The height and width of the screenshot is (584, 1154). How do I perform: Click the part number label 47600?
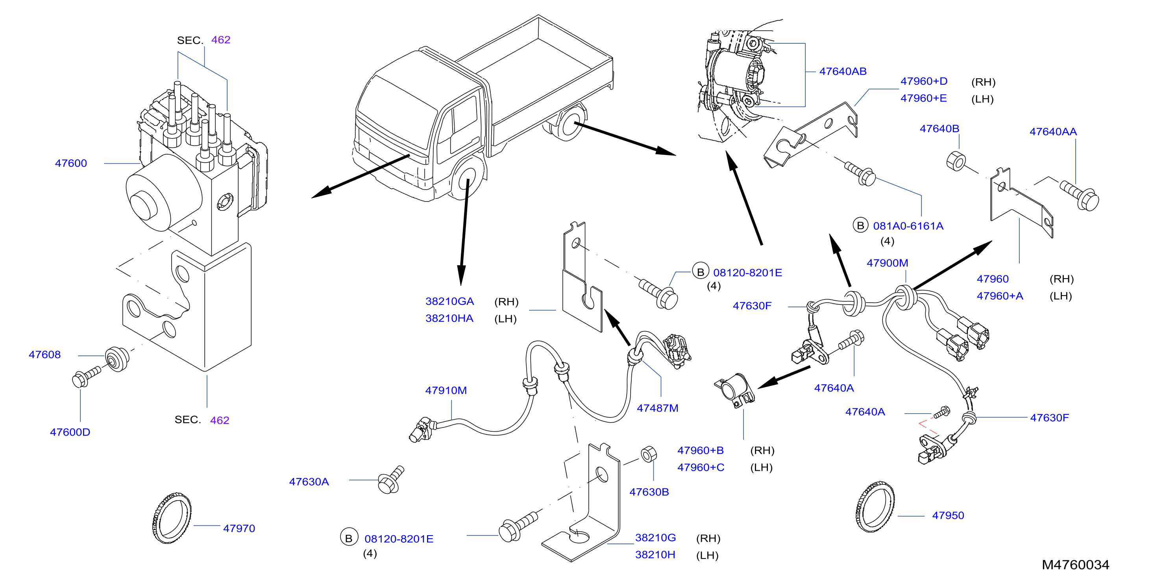(x=71, y=163)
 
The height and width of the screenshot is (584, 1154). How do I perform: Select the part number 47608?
(x=44, y=355)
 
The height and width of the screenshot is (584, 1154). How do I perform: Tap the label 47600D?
(x=70, y=432)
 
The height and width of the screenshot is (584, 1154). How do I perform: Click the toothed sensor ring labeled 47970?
(x=172, y=518)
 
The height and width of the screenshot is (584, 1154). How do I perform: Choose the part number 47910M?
(x=446, y=390)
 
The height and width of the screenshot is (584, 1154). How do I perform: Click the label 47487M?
(x=657, y=408)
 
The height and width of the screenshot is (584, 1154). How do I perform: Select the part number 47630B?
(x=649, y=492)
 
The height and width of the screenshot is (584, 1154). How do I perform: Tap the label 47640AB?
(x=843, y=72)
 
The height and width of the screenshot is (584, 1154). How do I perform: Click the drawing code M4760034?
(x=1075, y=565)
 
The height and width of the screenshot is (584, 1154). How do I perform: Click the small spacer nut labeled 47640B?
(x=956, y=161)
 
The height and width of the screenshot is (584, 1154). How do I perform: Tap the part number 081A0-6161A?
(x=908, y=226)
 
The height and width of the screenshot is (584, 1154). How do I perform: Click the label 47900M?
(x=887, y=263)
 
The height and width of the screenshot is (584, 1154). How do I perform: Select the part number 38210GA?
(x=449, y=301)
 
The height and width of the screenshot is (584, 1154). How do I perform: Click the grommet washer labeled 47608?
(x=117, y=359)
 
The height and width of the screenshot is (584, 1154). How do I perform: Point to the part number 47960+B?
(x=700, y=451)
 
